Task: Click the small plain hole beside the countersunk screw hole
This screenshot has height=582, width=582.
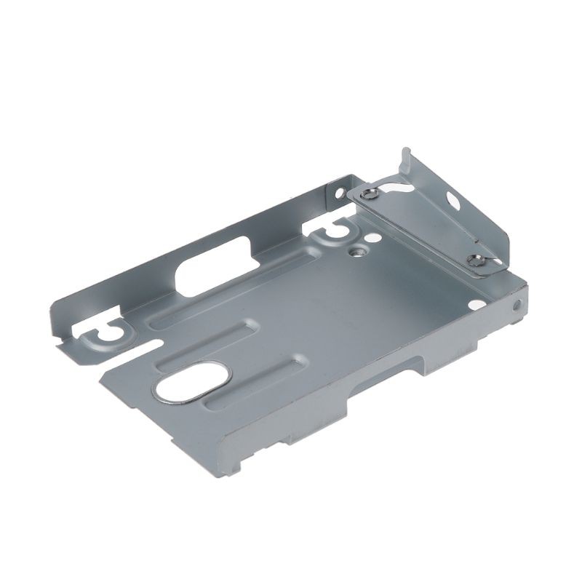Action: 372,237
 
